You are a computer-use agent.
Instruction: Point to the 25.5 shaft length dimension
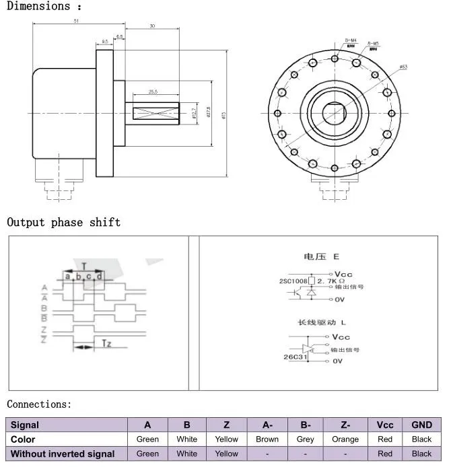(x=153, y=92)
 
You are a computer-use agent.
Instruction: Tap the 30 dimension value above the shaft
(x=152, y=26)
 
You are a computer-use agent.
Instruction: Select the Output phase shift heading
(x=64, y=222)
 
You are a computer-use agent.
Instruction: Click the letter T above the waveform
(x=83, y=266)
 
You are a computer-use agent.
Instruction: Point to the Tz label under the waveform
(x=106, y=345)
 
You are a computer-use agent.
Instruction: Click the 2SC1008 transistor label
(x=293, y=280)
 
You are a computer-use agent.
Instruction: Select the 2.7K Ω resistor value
(x=332, y=280)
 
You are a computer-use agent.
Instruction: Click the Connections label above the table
(x=38, y=404)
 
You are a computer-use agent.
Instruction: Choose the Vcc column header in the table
(x=385, y=425)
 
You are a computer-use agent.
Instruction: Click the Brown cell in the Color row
(x=267, y=439)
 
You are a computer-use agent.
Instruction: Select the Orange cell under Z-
(x=345, y=439)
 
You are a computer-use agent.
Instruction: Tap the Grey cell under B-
(x=306, y=439)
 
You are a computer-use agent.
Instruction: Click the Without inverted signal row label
(x=63, y=454)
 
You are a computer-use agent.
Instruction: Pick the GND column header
(x=421, y=425)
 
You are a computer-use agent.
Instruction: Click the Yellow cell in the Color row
(x=227, y=439)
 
